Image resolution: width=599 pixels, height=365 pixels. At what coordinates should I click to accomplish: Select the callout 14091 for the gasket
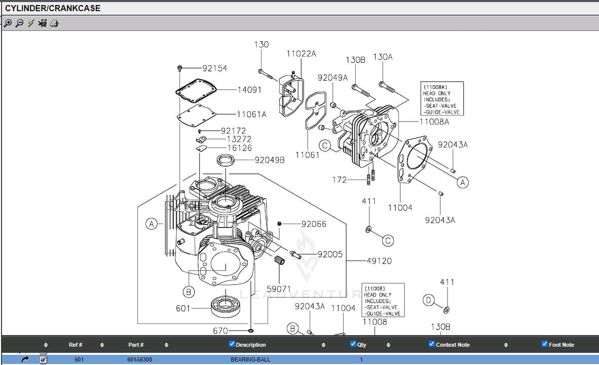tap(249, 90)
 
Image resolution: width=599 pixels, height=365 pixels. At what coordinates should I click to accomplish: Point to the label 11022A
tap(301, 54)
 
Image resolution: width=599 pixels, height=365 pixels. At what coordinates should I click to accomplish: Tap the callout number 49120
tap(379, 261)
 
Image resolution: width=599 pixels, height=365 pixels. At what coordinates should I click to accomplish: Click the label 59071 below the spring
tap(279, 289)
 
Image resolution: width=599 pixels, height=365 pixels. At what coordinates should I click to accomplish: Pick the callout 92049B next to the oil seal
tap(270, 160)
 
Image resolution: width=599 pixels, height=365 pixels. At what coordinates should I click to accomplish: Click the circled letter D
tap(428, 301)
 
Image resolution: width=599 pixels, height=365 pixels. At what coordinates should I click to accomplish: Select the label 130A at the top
tap(383, 57)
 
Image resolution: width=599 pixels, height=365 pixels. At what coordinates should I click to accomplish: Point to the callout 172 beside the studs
tap(340, 179)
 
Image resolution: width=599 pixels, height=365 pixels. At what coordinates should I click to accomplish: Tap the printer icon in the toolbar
tap(54, 23)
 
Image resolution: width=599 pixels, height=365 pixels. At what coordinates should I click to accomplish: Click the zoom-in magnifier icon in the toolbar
tap(8, 23)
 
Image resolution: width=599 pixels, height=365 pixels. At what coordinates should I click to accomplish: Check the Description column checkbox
tap(232, 344)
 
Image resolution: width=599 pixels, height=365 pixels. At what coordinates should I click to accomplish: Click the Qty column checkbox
tap(353, 344)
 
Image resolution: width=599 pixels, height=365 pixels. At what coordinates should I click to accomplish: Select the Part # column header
tap(136, 345)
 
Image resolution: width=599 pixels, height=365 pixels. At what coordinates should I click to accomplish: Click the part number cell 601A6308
tap(139, 359)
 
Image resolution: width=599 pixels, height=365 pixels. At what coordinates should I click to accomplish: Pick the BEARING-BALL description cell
tap(250, 359)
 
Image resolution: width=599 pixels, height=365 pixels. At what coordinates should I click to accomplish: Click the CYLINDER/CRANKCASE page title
tap(53, 8)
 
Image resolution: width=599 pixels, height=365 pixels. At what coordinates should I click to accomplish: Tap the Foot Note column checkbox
tap(545, 344)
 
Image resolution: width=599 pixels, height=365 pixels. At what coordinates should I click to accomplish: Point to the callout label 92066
tap(314, 224)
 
